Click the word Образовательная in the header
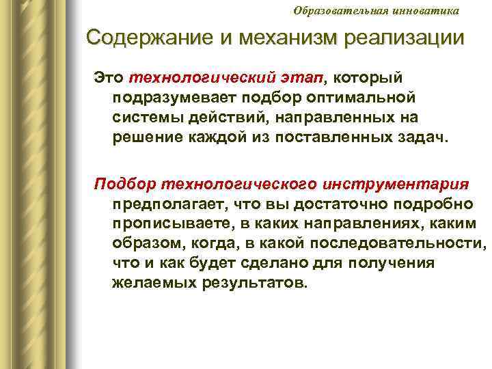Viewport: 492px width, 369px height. coord(333,10)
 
